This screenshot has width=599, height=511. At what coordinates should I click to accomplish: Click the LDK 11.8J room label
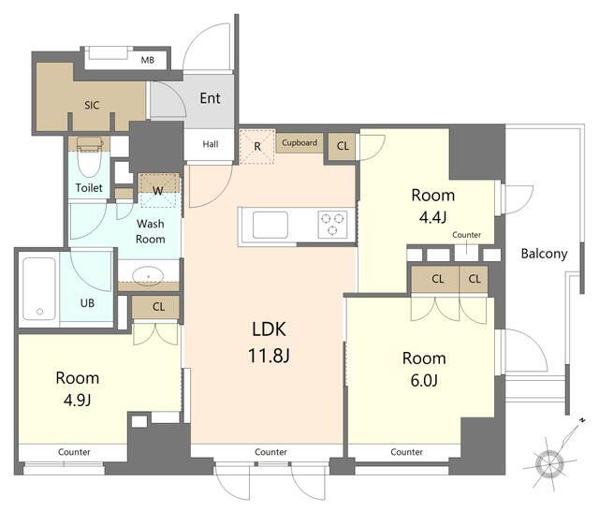pyautogui.click(x=269, y=342)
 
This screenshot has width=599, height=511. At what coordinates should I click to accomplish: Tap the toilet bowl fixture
pyautogui.click(x=90, y=156)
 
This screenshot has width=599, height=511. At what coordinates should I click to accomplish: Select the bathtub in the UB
pyautogui.click(x=39, y=289)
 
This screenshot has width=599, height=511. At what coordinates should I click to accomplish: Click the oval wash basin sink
pyautogui.click(x=148, y=275)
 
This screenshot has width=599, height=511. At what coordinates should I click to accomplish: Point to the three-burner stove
pyautogui.click(x=333, y=225)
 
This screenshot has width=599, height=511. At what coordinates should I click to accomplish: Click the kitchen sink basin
pyautogui.click(x=270, y=225)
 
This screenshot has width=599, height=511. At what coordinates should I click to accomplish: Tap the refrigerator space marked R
pyautogui.click(x=257, y=146)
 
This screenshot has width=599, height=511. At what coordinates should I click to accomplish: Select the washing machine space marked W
pyautogui.click(x=158, y=190)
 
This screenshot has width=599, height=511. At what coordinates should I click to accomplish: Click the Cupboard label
pyautogui.click(x=299, y=142)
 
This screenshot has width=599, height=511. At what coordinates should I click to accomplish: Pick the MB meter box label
pyautogui.click(x=148, y=60)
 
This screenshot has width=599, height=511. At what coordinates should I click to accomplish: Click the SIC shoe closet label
pyautogui.click(x=92, y=105)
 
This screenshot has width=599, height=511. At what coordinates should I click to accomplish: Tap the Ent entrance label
pyautogui.click(x=210, y=98)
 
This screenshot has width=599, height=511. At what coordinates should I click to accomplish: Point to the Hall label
pyautogui.click(x=211, y=144)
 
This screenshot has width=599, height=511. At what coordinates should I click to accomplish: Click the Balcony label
pyautogui.click(x=544, y=254)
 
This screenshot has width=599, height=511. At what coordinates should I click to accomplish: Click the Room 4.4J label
pyautogui.click(x=432, y=206)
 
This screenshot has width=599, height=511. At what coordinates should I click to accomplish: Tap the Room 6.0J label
pyautogui.click(x=424, y=369)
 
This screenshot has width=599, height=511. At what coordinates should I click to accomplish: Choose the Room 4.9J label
pyautogui.click(x=78, y=388)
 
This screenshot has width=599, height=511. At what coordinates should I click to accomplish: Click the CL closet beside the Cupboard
pyautogui.click(x=343, y=145)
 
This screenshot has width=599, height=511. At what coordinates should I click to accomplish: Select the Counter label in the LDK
pyautogui.click(x=270, y=452)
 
